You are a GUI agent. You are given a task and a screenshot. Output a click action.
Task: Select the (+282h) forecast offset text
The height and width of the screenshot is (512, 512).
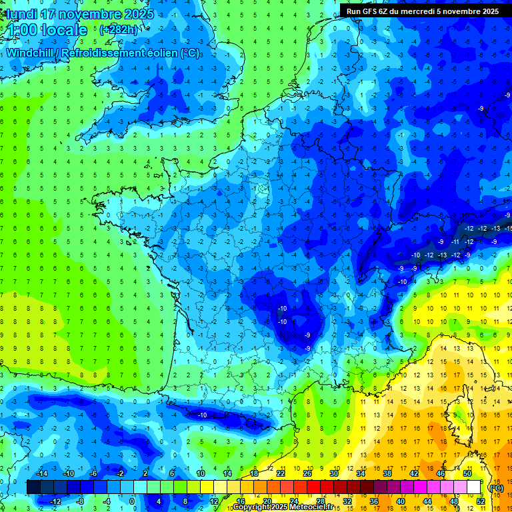point(119,29)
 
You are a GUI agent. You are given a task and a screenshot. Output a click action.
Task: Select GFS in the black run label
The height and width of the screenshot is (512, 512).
point(373,11)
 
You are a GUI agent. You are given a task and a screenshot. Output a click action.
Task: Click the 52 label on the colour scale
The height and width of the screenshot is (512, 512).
point(481,501)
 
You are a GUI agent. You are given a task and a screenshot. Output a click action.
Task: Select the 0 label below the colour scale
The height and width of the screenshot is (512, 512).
point(131,501)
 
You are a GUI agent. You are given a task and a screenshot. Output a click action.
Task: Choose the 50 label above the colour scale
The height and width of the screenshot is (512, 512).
point(467,473)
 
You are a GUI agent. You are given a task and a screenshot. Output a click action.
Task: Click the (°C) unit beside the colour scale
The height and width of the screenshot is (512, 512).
point(497,487)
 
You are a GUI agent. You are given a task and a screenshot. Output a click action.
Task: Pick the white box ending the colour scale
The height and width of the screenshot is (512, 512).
point(473,487)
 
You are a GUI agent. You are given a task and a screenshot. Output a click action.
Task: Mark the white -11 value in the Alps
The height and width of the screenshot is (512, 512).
point(456,241)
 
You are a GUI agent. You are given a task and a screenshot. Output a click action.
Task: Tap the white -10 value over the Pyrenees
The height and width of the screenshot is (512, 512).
point(202,415)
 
